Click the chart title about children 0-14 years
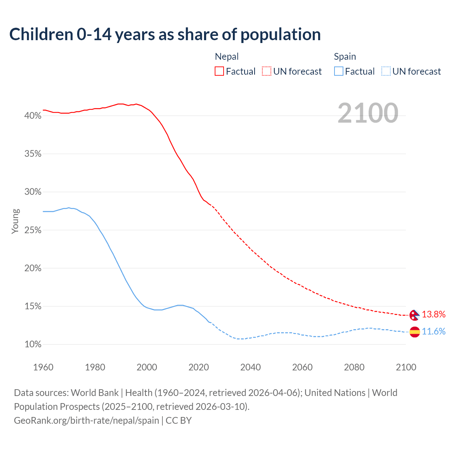pyautogui.click(x=165, y=34)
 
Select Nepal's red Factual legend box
pyautogui.click(x=219, y=71)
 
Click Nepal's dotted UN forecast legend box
pyautogui.click(x=267, y=71)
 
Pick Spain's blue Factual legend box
pyautogui.click(x=339, y=71)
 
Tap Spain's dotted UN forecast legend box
pyautogui.click(x=386, y=71)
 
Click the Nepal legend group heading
pyautogui.click(x=227, y=57)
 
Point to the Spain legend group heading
pyautogui.click(x=345, y=57)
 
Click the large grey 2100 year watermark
pyautogui.click(x=368, y=113)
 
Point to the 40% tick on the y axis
pyautogui.click(x=33, y=116)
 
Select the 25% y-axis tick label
pyautogui.click(x=33, y=230)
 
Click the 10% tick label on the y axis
pyautogui.click(x=33, y=344)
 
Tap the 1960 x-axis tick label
pyautogui.click(x=43, y=367)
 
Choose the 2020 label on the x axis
pyautogui.click(x=199, y=367)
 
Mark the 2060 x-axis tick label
pyautogui.click(x=302, y=367)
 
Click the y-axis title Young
pyautogui.click(x=15, y=221)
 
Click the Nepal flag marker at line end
pyautogui.click(x=414, y=315)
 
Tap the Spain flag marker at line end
pyautogui.click(x=414, y=332)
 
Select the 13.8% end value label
pyautogui.click(x=434, y=315)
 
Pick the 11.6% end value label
pyautogui.click(x=434, y=332)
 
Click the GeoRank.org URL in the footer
pyautogui.click(x=86, y=421)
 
